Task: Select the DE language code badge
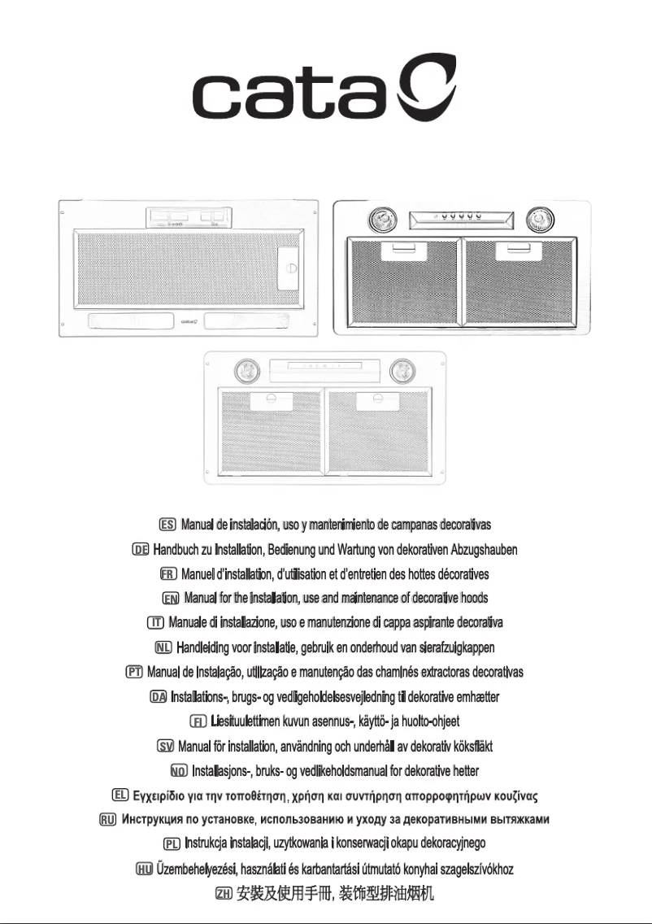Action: (140, 550)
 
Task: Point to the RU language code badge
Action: (106, 818)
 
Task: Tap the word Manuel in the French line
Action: (198, 574)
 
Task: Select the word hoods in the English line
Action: (472, 598)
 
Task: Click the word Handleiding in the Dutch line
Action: (206, 647)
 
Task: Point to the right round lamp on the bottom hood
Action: (401, 372)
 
